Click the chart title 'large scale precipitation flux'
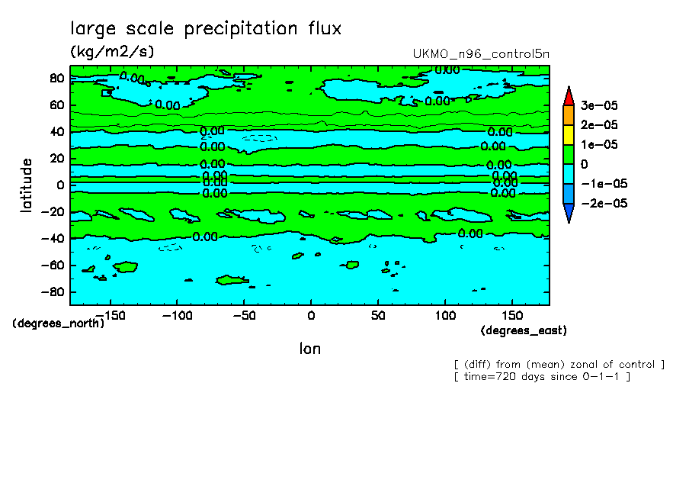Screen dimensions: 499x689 pyautogui.click(x=206, y=29)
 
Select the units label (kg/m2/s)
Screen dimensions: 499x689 pyautogui.click(x=111, y=53)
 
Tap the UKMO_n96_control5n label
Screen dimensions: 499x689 pyautogui.click(x=480, y=53)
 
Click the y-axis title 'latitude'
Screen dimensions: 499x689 pyautogui.click(x=27, y=185)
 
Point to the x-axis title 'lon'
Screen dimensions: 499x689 pyautogui.click(x=309, y=349)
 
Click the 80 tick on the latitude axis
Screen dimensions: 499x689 pyautogui.click(x=56, y=78)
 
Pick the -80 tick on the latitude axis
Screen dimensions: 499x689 pyautogui.click(x=53, y=292)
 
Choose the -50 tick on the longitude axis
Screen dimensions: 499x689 pyautogui.click(x=243, y=315)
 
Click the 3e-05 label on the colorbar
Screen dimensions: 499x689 pyautogui.click(x=600, y=105)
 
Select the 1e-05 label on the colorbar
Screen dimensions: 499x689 pyautogui.click(x=600, y=145)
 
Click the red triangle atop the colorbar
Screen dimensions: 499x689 pyautogui.click(x=568, y=95)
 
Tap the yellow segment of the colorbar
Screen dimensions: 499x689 pyautogui.click(x=568, y=134)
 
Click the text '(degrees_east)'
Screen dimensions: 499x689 pyautogui.click(x=524, y=330)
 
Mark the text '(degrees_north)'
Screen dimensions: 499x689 pyautogui.click(x=58, y=323)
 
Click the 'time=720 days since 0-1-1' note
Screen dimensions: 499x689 pyautogui.click(x=541, y=377)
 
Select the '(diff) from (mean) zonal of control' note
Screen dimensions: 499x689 pyautogui.click(x=559, y=364)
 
